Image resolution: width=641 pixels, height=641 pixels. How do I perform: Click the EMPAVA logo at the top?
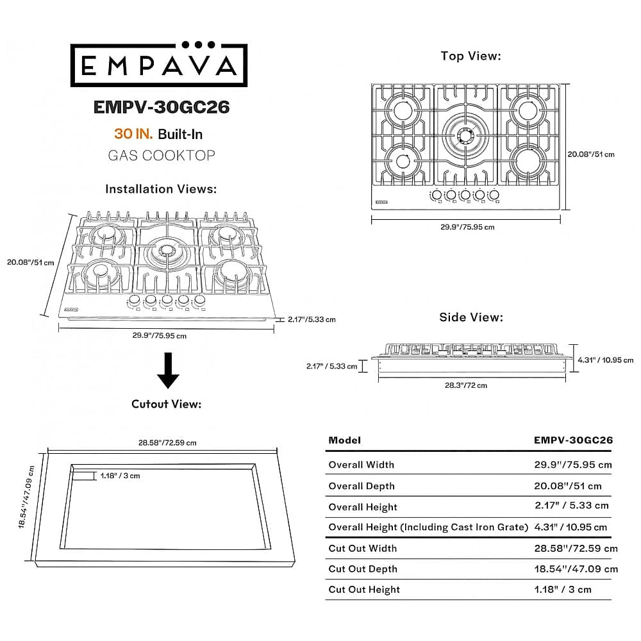[159, 64]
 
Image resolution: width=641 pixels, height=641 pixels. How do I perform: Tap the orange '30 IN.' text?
[133, 134]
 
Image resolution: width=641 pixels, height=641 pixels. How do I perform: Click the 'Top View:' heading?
[470, 56]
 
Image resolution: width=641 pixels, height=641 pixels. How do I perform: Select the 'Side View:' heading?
[471, 317]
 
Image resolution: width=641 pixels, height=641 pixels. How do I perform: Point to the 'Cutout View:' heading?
[167, 404]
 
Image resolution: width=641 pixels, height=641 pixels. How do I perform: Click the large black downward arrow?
[168, 370]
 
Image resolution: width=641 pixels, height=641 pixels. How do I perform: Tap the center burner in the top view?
[465, 135]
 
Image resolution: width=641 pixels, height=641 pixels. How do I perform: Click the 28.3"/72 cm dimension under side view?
[465, 385]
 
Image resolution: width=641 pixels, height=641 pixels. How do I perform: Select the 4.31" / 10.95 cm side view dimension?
[606, 360]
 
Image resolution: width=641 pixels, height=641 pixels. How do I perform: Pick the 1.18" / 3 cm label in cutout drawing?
[121, 476]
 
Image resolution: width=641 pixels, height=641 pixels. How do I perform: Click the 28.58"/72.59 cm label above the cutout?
[167, 443]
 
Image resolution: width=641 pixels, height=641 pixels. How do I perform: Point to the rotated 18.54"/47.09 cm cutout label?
[26, 497]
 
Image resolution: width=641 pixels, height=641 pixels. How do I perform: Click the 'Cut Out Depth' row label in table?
[363, 569]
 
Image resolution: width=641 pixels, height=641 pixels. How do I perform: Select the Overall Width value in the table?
[572, 465]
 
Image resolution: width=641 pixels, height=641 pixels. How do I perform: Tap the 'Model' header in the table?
[345, 440]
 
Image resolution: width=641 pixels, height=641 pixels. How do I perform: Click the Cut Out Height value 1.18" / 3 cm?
[563, 590]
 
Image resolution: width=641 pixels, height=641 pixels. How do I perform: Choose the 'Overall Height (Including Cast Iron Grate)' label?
[428, 528]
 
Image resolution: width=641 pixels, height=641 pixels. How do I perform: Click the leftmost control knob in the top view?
[436, 195]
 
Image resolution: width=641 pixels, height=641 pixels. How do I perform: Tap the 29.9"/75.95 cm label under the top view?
[467, 227]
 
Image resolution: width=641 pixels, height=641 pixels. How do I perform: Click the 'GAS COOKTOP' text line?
[162, 155]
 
